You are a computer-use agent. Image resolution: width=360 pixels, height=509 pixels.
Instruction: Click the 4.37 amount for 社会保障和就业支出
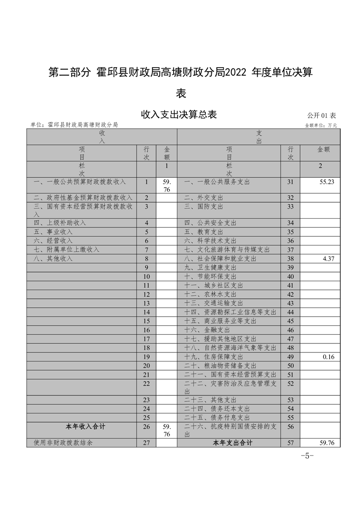pos(328,259)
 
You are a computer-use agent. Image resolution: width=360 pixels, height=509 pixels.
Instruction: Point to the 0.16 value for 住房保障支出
pos(328,357)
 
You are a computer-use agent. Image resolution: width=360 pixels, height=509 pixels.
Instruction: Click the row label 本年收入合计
pos(82,426)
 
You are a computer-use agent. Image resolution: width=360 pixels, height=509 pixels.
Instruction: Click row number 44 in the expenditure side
pos(291,313)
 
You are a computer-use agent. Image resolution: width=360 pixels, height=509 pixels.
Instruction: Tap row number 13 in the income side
pos(146,303)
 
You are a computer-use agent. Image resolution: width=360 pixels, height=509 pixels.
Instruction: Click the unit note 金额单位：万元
pos(321,125)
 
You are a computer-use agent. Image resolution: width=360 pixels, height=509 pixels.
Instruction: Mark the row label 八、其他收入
pos(53,259)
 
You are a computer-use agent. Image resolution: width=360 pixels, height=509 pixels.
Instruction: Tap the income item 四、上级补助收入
pos(60,223)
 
